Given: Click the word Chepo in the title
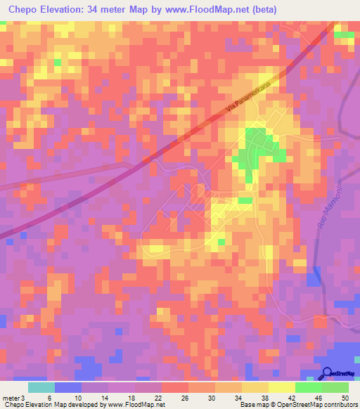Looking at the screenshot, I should [24, 10].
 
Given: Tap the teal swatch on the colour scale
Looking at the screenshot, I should [41, 387].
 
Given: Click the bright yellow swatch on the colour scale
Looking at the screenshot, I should [281, 387].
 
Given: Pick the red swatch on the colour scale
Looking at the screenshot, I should [174, 387].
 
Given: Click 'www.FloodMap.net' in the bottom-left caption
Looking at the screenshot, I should [136, 405].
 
